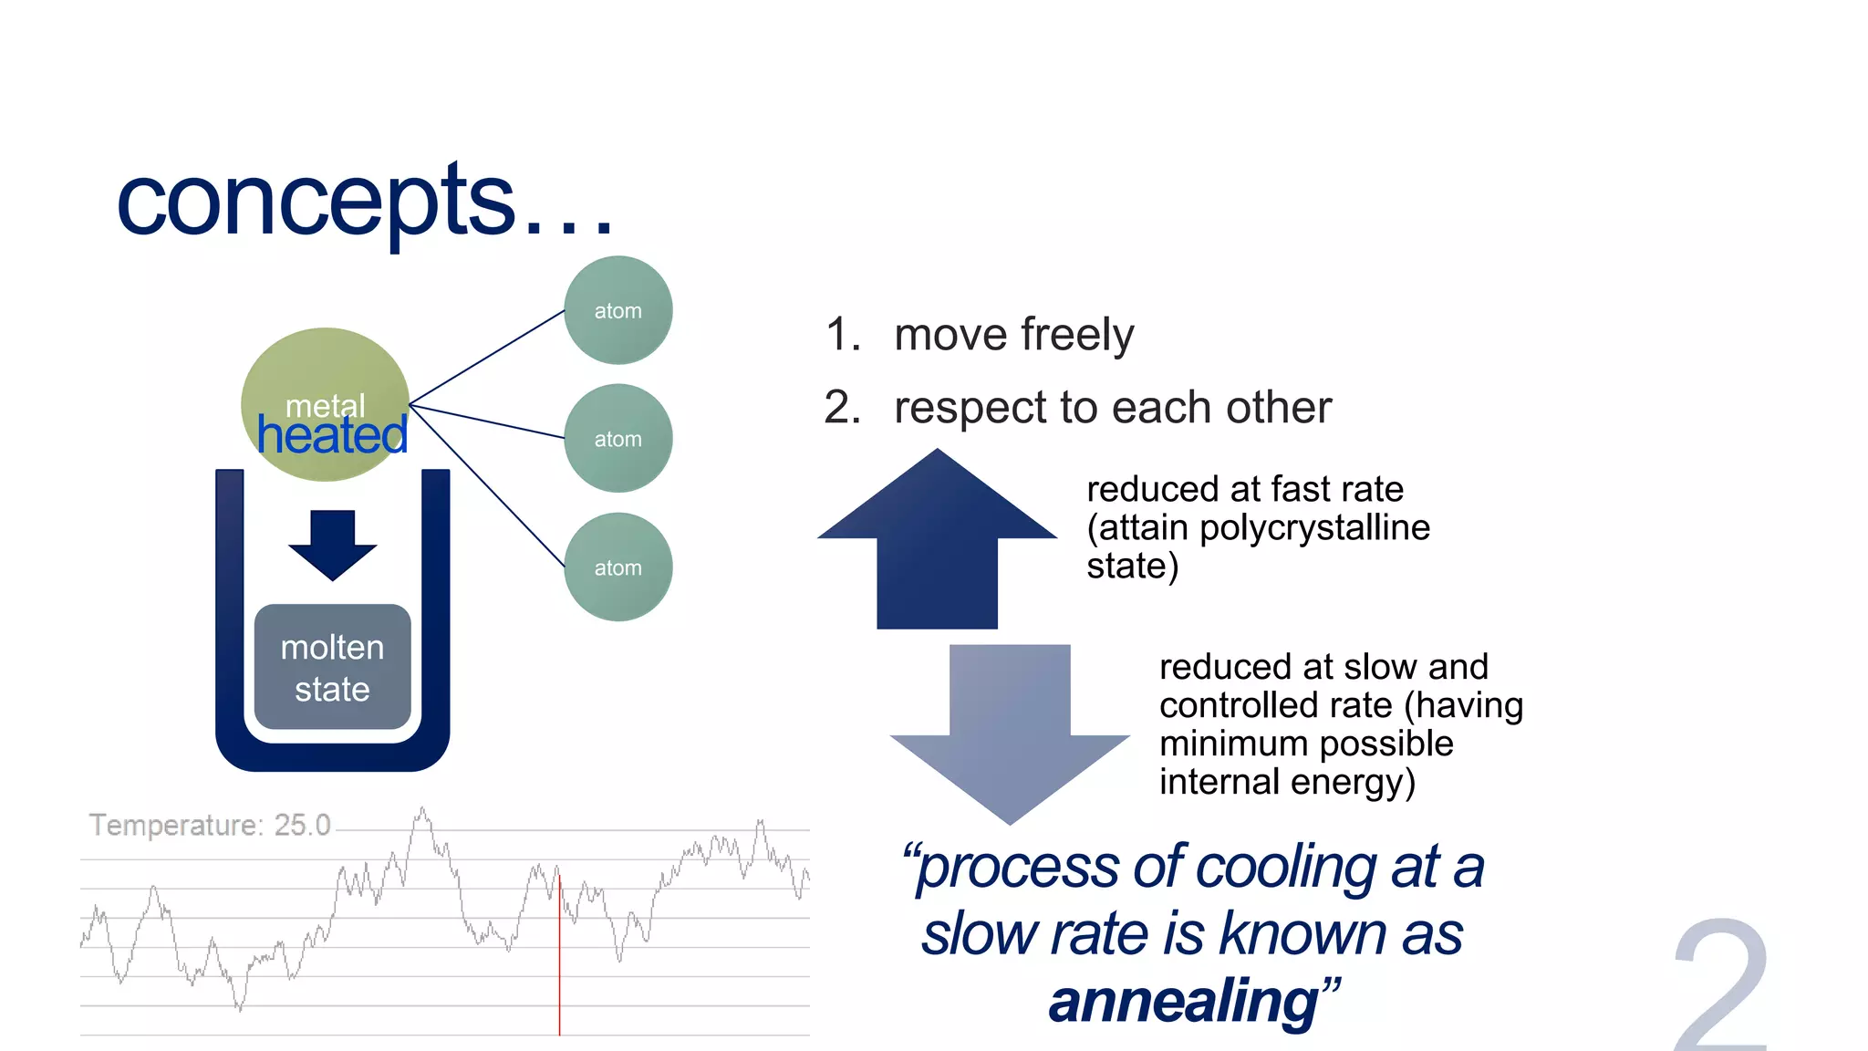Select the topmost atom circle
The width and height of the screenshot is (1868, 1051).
coord(617,310)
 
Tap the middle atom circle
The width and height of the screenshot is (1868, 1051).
coord(617,439)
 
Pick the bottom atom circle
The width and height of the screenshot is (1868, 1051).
coord(617,567)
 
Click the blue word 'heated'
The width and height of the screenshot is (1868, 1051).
coord(332,435)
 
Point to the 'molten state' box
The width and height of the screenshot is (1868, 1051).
coord(332,667)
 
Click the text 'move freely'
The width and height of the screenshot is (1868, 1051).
coord(1013,334)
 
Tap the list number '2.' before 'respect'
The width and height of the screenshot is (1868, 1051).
coord(842,407)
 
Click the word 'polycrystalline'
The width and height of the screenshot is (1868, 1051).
coord(1314,527)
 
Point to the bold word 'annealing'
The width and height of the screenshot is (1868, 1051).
coord(1184,1001)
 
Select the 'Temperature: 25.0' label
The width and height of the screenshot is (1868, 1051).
coord(210,825)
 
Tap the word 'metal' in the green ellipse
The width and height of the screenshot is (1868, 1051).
coord(325,404)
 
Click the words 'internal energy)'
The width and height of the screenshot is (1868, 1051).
coord(1287,782)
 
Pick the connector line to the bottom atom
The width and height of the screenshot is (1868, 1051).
coord(488,485)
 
